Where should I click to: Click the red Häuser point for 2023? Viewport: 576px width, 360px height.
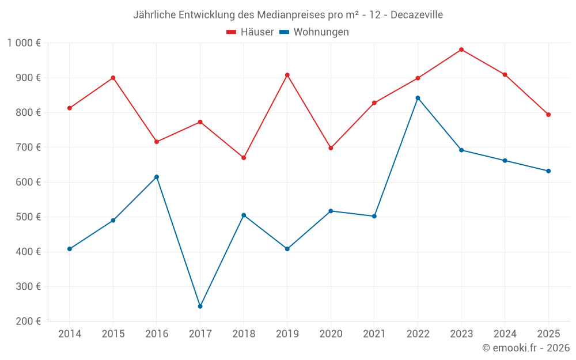pos(461,50)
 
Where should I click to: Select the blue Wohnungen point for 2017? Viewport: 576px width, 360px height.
pos(200,306)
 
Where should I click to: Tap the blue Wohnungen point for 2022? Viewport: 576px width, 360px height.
pos(418,98)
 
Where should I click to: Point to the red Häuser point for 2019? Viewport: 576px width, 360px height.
pos(287,75)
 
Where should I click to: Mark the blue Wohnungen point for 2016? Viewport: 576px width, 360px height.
pos(157,177)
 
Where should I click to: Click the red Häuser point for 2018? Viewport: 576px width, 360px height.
pos(244,158)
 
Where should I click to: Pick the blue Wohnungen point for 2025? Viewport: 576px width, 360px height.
pos(548,171)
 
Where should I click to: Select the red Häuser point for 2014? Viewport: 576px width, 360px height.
pos(70,108)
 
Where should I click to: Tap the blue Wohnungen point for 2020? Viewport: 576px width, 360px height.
pos(331,211)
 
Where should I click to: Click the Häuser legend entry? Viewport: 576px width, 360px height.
pos(251,32)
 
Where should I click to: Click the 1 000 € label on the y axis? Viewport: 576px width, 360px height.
pos(24,43)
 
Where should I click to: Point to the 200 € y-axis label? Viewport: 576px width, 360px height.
pos(29,321)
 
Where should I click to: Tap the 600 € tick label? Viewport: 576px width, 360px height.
pos(29,182)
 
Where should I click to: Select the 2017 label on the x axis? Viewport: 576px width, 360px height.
pos(200,334)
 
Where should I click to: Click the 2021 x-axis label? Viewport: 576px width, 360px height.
pos(374,334)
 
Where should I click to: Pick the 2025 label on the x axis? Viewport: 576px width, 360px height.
pos(548,334)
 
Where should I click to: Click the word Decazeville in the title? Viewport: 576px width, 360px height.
pos(416,15)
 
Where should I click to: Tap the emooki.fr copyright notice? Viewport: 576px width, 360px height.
pos(526,348)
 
